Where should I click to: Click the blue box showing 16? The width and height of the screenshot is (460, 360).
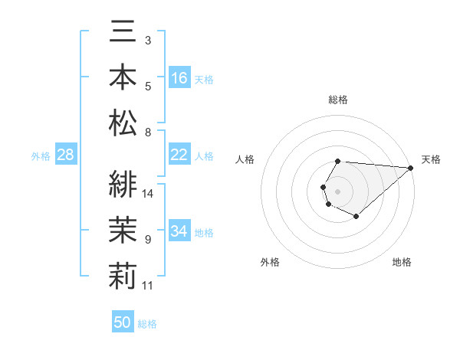click(179, 78)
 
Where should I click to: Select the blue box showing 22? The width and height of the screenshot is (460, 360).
click(179, 155)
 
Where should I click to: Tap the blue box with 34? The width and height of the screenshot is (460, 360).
click(179, 231)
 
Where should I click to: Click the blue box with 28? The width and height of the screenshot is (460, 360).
click(66, 155)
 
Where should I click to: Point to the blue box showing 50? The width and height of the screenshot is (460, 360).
click(123, 322)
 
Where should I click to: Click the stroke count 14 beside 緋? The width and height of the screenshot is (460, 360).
click(149, 194)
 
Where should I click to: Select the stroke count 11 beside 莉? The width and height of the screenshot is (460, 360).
click(149, 286)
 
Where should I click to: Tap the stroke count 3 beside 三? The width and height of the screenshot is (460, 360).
click(148, 40)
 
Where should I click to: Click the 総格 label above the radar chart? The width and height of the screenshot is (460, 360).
click(337, 100)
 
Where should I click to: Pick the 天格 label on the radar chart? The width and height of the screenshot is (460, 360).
click(431, 159)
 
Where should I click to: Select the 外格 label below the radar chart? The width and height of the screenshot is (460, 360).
click(270, 263)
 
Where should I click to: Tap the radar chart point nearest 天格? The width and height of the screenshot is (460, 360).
click(410, 168)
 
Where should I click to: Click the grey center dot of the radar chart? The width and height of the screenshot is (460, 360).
click(337, 190)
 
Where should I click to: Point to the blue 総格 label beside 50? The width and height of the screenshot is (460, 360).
click(147, 324)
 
